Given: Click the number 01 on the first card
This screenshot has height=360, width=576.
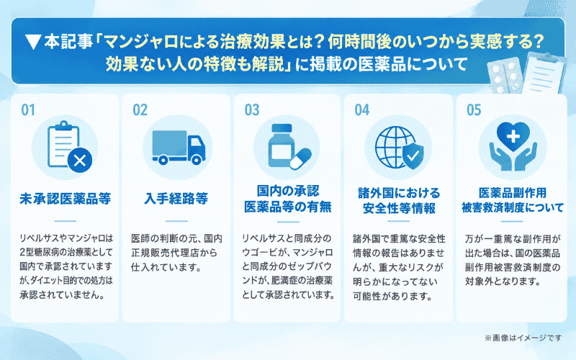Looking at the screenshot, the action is (28, 110).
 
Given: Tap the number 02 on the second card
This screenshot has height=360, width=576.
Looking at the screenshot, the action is (140, 110).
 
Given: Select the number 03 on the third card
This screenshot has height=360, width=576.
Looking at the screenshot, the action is (252, 110).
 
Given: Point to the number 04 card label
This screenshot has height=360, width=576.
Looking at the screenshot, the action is (362, 110).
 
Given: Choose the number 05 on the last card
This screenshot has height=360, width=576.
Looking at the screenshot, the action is (474, 110).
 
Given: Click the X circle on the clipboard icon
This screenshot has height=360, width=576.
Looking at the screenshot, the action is (80, 160).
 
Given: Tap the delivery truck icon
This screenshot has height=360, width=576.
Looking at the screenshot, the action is (179, 148).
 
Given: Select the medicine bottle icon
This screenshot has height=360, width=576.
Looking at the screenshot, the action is (282, 146).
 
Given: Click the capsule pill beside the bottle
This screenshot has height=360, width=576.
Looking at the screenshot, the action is (301, 158).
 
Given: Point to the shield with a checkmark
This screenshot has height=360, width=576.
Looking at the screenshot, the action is (413, 156).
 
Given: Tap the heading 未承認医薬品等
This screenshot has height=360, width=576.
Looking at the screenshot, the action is (66, 199).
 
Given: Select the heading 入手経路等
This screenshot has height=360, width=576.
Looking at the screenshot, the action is (176, 199).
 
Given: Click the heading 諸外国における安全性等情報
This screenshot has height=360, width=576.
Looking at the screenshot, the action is (399, 201).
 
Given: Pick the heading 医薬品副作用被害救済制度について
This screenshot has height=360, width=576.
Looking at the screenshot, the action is (513, 200).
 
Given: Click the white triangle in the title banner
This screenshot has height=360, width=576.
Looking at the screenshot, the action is (33, 42).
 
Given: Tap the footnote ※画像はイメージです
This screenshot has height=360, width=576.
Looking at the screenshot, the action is (523, 338).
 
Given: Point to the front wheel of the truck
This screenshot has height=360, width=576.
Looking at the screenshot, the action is (197, 160).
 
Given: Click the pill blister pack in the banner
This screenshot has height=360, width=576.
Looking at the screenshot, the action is (505, 75).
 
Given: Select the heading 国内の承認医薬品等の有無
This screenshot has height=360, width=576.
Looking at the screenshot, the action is (288, 199).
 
